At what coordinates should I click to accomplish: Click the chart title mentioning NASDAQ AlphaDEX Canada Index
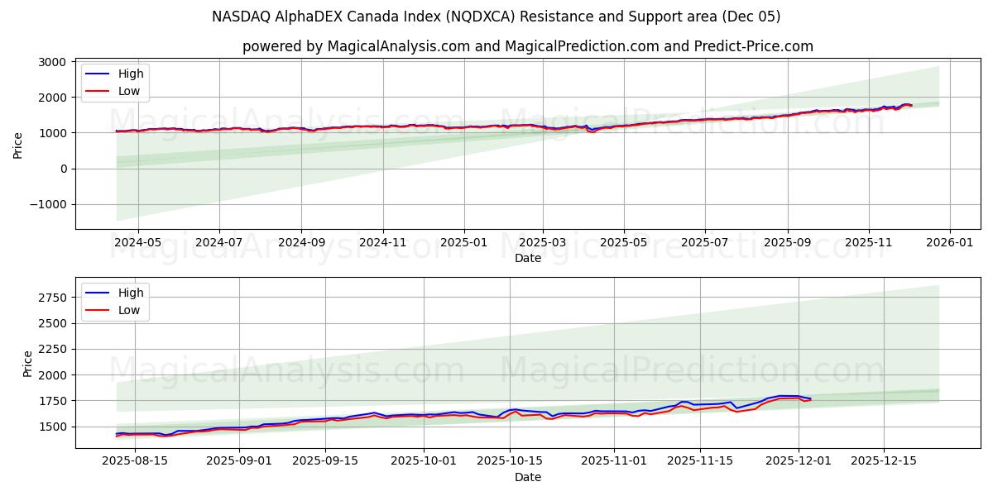[x=496, y=17]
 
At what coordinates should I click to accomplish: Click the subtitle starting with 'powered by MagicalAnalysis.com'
[x=527, y=46]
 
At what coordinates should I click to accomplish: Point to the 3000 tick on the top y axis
[x=53, y=62]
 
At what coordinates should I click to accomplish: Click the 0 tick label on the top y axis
[x=65, y=169]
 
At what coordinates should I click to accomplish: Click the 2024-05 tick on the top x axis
[x=137, y=242]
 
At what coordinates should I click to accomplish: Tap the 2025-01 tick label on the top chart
[x=463, y=242]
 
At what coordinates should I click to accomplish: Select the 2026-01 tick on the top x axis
[x=949, y=242]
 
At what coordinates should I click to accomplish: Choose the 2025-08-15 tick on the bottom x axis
[x=135, y=461]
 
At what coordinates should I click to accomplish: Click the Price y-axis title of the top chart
[x=18, y=145]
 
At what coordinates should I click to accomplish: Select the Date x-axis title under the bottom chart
[x=527, y=477]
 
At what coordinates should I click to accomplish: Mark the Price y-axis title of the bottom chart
[x=27, y=363]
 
